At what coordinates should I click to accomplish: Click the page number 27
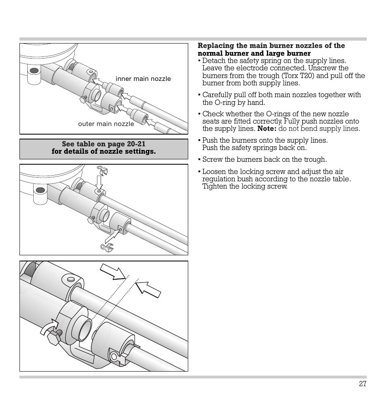tap(362, 384)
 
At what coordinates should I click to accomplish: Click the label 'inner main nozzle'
tap(143, 79)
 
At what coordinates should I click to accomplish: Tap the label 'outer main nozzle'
tap(105, 124)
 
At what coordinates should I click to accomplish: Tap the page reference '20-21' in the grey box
tap(136, 144)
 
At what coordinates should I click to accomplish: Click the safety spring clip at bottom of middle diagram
tap(107, 247)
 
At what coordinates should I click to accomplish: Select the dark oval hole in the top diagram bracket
tap(34, 71)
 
